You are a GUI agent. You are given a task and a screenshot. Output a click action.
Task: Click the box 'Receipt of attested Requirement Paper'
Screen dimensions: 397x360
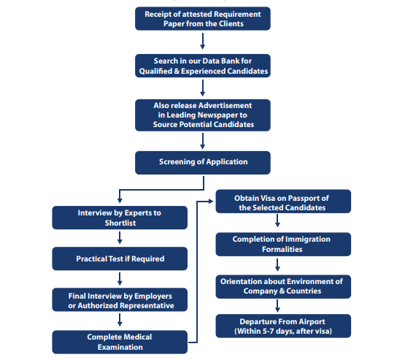(x=203, y=19)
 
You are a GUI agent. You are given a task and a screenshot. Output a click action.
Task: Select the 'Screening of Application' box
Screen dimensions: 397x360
(x=203, y=163)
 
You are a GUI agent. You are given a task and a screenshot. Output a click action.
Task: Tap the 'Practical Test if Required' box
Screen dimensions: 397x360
(x=120, y=258)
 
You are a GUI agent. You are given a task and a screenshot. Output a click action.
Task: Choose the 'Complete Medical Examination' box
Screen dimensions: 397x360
(x=120, y=342)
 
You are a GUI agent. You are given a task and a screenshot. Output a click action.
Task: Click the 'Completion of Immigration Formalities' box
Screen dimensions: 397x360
(x=283, y=244)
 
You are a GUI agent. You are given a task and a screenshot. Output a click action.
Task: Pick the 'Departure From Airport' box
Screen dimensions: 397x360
(x=283, y=326)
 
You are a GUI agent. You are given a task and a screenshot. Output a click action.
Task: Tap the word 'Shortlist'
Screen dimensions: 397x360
(x=120, y=223)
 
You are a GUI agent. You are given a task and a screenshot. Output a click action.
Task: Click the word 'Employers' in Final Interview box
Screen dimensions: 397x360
(x=153, y=296)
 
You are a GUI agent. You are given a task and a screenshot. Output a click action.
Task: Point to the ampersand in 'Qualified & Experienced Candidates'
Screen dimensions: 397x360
(x=177, y=71)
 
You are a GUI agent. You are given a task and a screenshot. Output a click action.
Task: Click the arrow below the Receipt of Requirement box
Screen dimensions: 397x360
(x=203, y=41)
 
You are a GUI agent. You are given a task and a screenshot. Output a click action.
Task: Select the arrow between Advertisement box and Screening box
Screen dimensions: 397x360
(x=203, y=141)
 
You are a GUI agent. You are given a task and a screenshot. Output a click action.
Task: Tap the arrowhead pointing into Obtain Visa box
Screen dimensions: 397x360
(x=211, y=202)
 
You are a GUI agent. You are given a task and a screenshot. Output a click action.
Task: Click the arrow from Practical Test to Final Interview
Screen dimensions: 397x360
(x=120, y=279)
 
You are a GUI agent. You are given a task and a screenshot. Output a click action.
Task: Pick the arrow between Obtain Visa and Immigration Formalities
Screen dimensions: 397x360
(x=277, y=221)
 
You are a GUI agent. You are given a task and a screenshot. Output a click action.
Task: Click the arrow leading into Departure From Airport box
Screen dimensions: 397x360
(x=277, y=306)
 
